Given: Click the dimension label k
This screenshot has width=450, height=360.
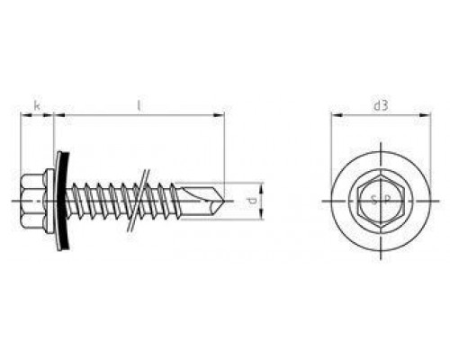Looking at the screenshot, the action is coord(37,105).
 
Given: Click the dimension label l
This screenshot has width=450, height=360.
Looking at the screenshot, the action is coord(139,105).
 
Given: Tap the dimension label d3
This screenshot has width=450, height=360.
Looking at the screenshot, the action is coord(381,105).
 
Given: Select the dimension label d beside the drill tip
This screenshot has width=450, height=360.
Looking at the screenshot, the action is coord(253,201).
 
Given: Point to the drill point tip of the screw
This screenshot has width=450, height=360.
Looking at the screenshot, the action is coord(224,201).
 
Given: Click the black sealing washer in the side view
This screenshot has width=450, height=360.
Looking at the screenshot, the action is coord(63,201).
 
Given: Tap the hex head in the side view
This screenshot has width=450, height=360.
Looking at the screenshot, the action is coord(32,201).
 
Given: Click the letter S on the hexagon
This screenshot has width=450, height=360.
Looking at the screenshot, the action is coord(373,200).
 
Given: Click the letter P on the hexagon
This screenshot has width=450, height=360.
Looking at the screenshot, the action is coord(387,200).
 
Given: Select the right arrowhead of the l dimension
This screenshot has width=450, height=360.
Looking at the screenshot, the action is coord(219,114).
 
